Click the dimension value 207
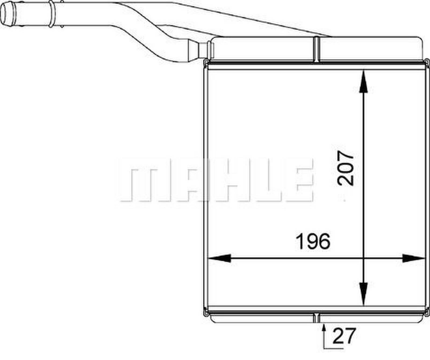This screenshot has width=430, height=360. point(346,168)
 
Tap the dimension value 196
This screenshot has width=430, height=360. point(313,241)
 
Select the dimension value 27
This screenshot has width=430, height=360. point(344,336)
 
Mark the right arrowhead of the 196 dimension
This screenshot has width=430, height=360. point(414,258)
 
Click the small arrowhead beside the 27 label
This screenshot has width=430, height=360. point(324,329)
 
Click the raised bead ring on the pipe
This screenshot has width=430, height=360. point(51,14)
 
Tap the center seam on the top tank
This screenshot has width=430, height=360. point(317,50)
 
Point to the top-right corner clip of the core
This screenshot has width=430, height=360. point(427,62)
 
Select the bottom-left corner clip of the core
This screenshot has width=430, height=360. point(206,312)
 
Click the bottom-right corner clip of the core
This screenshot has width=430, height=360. point(427,312)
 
